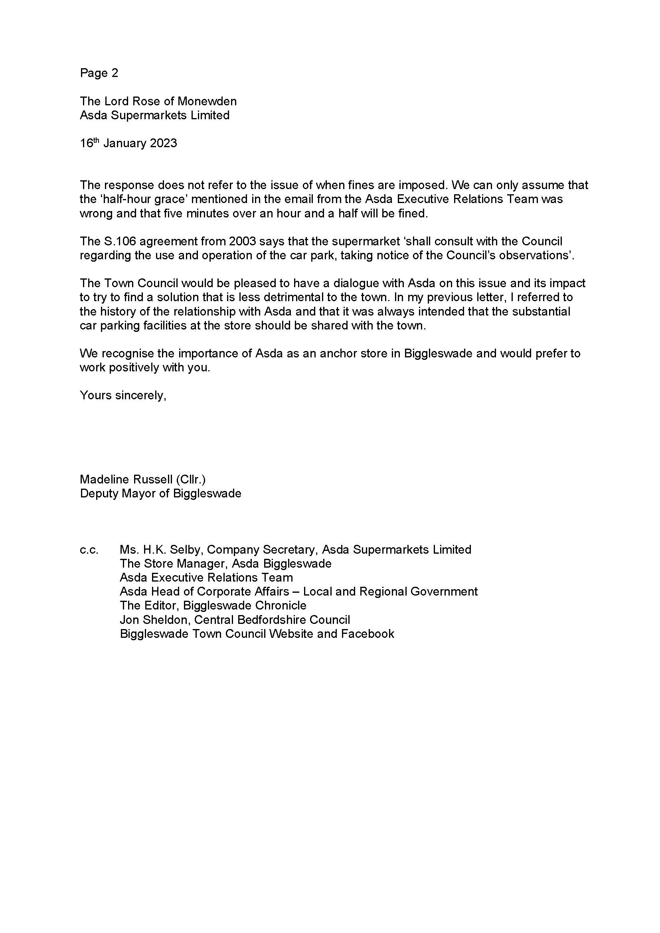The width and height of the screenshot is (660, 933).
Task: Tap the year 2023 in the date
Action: (x=163, y=144)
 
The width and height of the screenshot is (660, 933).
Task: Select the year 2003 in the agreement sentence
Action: (x=242, y=241)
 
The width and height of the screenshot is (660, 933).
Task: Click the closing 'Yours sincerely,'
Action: (x=123, y=395)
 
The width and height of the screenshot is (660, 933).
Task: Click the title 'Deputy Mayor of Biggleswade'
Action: (x=160, y=494)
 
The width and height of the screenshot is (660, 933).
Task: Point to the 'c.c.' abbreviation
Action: (x=89, y=550)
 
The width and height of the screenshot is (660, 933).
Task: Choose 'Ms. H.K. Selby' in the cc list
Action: (x=161, y=550)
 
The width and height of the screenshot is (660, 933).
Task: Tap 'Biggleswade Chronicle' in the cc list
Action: (x=245, y=606)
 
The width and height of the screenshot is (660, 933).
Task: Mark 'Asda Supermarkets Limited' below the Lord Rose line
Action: (x=154, y=115)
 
